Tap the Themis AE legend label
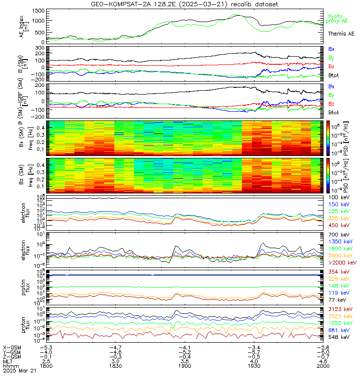coord(341,34)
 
